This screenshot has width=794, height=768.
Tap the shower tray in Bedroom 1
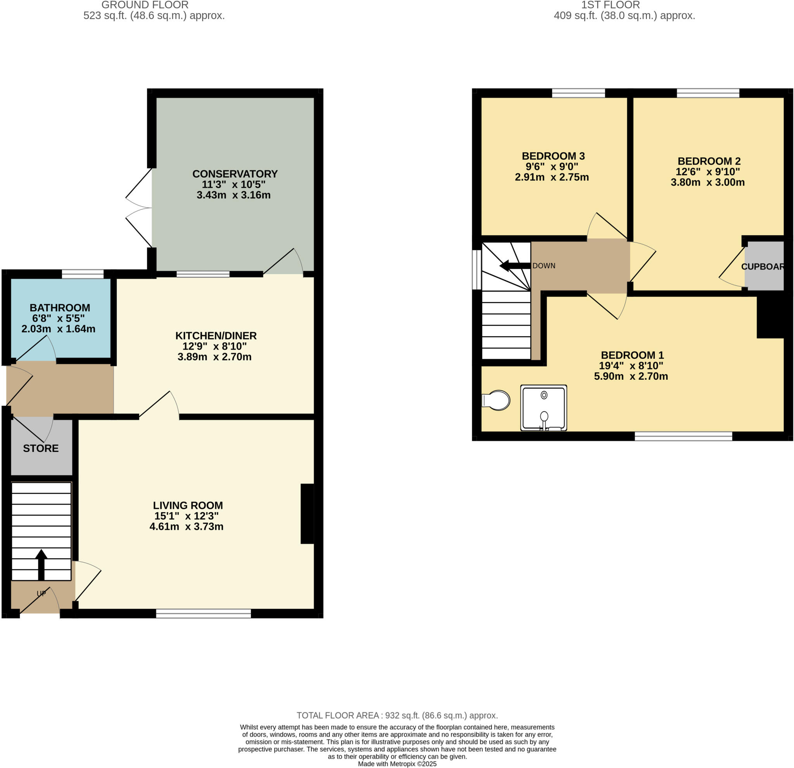point(543,408)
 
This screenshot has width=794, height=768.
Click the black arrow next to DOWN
point(515,266)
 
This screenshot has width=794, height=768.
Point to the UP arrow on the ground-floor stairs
point(41,564)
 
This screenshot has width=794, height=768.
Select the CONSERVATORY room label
point(235,174)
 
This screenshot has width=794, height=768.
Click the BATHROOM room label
point(60,308)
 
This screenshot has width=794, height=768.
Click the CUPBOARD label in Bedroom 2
point(763,267)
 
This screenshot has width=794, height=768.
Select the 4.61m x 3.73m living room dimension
point(186,526)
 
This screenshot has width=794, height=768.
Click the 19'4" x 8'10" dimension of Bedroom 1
point(631,365)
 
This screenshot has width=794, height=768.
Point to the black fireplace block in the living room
point(307,514)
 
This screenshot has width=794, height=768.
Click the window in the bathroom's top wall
point(83,274)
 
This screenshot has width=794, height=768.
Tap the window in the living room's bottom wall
point(204,614)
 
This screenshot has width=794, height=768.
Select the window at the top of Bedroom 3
point(578,93)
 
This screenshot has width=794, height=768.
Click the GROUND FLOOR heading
point(145,5)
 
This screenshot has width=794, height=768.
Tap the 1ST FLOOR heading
point(610,5)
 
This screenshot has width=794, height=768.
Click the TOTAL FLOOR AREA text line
point(397,715)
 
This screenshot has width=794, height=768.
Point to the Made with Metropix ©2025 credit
point(397,764)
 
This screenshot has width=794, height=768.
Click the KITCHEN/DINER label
point(216,336)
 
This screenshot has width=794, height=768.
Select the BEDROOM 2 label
point(709,161)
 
